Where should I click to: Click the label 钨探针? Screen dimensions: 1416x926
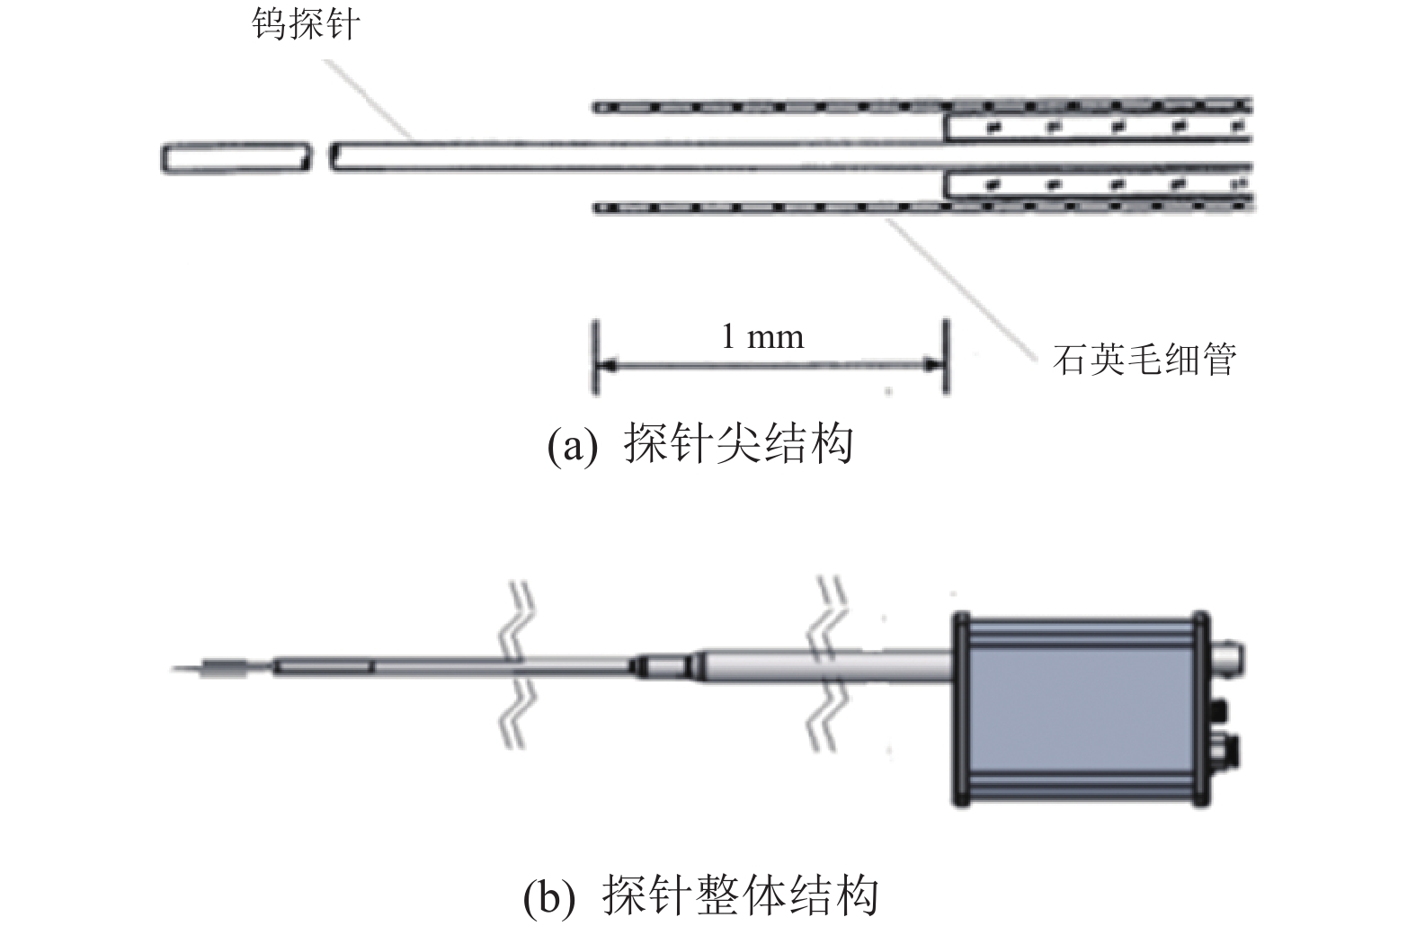306,24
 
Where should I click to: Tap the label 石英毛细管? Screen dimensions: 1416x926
1144,359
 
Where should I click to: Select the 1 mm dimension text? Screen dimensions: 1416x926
762,337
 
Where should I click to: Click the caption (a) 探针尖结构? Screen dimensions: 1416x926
700,444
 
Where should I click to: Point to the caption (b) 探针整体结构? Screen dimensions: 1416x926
700,895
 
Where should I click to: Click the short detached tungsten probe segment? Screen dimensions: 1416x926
236,158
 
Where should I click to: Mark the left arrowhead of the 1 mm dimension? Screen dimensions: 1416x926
608,365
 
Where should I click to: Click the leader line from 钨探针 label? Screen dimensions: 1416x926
368,99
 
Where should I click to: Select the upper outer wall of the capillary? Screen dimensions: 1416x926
922,106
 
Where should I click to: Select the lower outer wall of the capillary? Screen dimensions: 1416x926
922,207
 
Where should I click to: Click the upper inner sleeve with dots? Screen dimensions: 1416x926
1098,128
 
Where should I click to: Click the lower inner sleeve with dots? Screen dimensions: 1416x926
1098,184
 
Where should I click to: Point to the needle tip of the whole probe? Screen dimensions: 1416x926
172,667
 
